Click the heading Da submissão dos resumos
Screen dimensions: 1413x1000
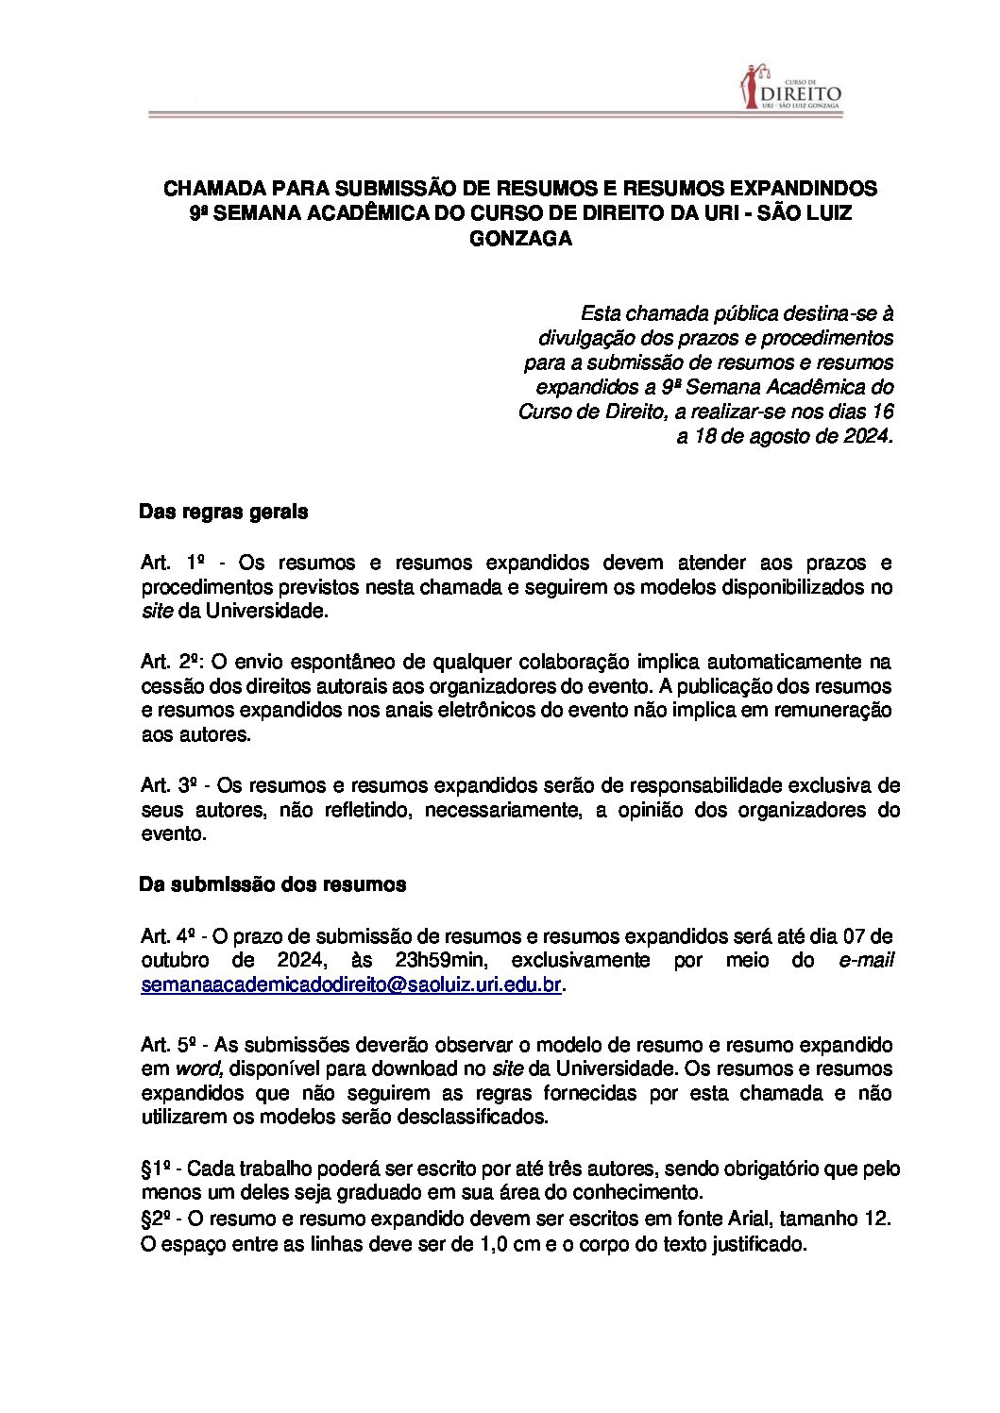(272, 884)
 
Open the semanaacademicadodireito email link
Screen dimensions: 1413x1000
(351, 985)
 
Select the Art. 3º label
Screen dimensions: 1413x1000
(168, 785)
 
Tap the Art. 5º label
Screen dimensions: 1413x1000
(168, 1046)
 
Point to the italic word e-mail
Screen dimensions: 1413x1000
(866, 961)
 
